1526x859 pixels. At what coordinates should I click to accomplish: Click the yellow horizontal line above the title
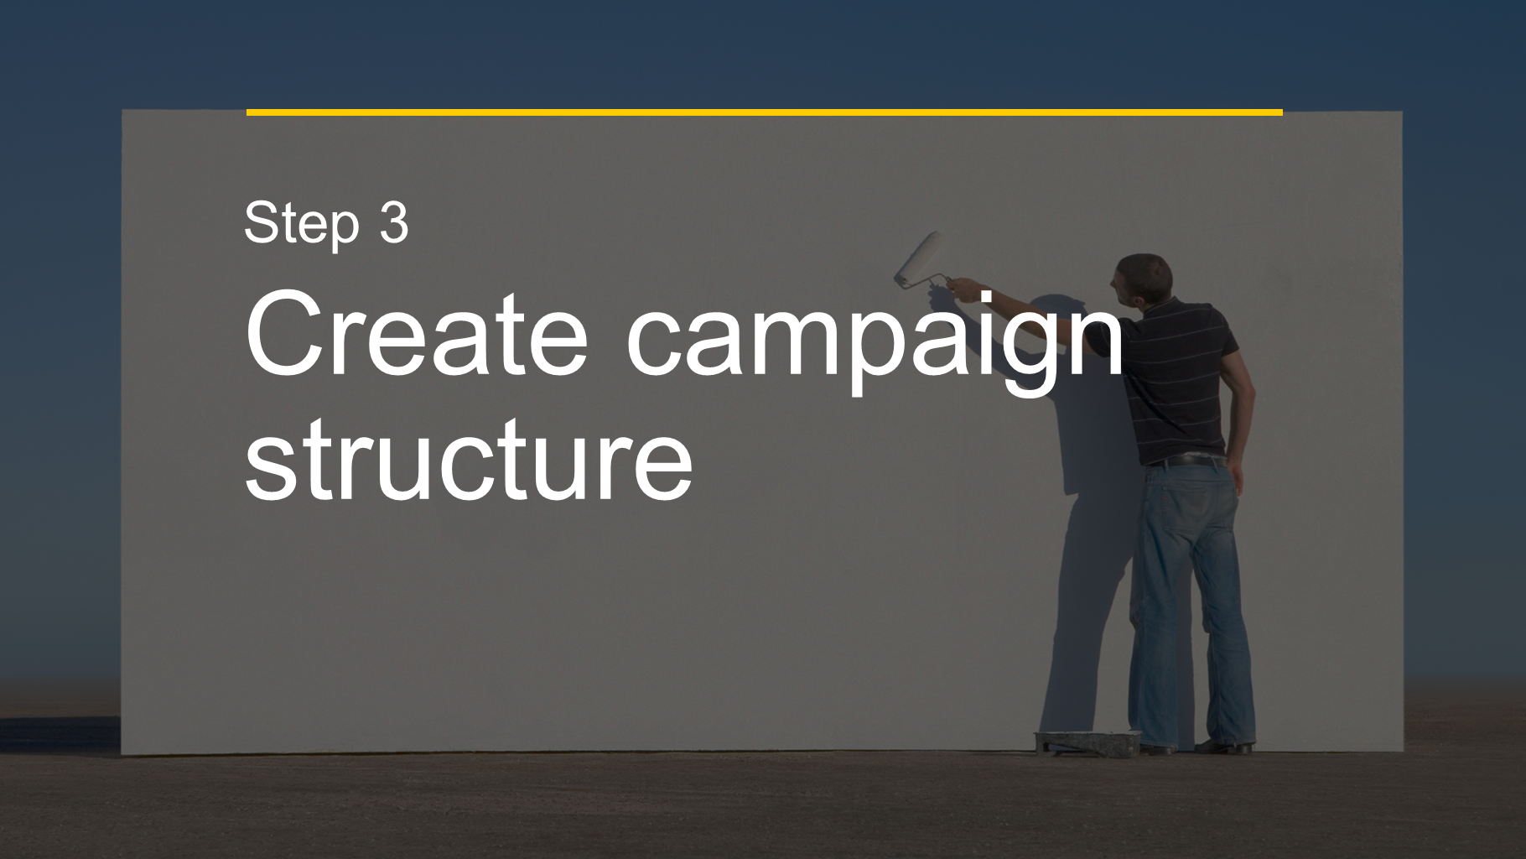764,112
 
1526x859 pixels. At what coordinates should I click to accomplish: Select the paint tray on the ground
1087,742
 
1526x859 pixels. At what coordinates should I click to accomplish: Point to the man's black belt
1185,461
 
